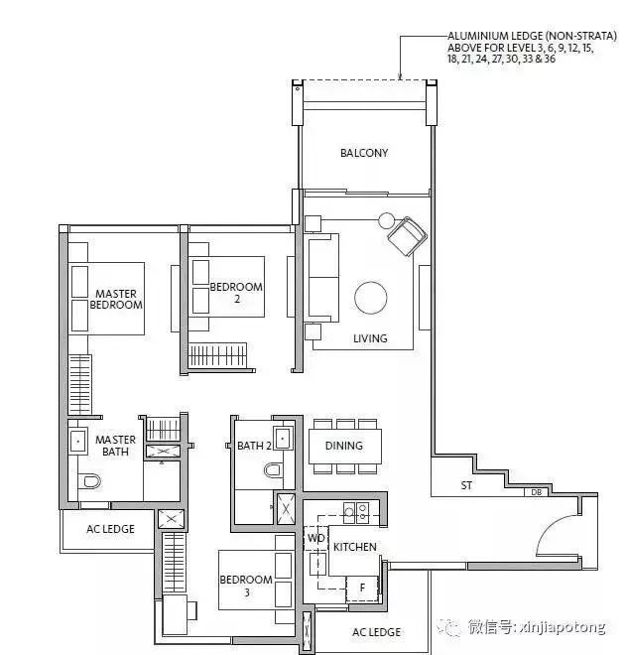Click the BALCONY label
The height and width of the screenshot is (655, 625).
tap(364, 153)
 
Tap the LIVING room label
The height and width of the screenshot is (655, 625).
tap(369, 338)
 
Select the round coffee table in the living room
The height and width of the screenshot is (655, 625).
tap(371, 298)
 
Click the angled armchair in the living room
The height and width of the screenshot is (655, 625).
tap(406, 238)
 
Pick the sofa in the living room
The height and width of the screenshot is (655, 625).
tap(321, 277)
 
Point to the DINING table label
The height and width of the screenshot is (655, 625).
tap(343, 446)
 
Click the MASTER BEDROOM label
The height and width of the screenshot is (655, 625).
tap(116, 300)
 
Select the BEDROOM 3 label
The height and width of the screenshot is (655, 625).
tap(246, 586)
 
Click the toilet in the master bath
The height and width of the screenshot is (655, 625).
tap(89, 481)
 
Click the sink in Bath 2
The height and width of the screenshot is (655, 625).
tap(282, 438)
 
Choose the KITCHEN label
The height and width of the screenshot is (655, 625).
tap(355, 547)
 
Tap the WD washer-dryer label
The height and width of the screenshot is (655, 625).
tap(315, 539)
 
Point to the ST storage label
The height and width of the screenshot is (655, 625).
tap(466, 485)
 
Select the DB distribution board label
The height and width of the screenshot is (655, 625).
tap(535, 491)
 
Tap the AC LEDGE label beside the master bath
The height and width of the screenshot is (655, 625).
tap(110, 529)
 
